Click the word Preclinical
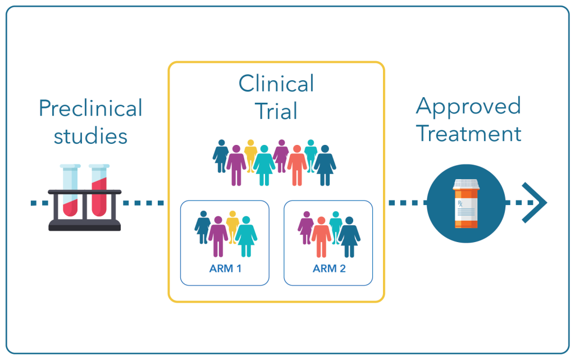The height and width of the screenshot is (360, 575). [x=90, y=108]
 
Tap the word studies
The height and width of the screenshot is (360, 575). [x=90, y=136]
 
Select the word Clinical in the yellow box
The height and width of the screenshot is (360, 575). [x=276, y=84]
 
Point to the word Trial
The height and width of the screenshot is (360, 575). [x=276, y=111]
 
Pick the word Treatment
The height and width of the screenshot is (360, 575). [x=469, y=134]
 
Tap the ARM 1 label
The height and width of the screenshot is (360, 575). [x=225, y=268]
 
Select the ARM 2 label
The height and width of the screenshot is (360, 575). [x=329, y=268]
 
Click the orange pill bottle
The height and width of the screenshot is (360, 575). [x=466, y=203]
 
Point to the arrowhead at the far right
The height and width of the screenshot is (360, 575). [x=535, y=202]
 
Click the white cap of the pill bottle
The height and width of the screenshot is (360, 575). [x=466, y=184]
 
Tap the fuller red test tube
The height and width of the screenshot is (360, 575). [x=99, y=190]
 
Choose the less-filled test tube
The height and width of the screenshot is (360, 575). [x=70, y=190]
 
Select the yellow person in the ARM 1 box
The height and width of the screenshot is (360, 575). [x=232, y=226]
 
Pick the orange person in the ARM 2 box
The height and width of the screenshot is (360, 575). [x=321, y=237]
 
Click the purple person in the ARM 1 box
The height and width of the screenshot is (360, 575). [x=218, y=236]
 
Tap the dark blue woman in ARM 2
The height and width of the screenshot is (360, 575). [x=349, y=237]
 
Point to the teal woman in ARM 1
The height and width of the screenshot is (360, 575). [x=246, y=236]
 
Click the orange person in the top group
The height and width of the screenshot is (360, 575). [x=297, y=165]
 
